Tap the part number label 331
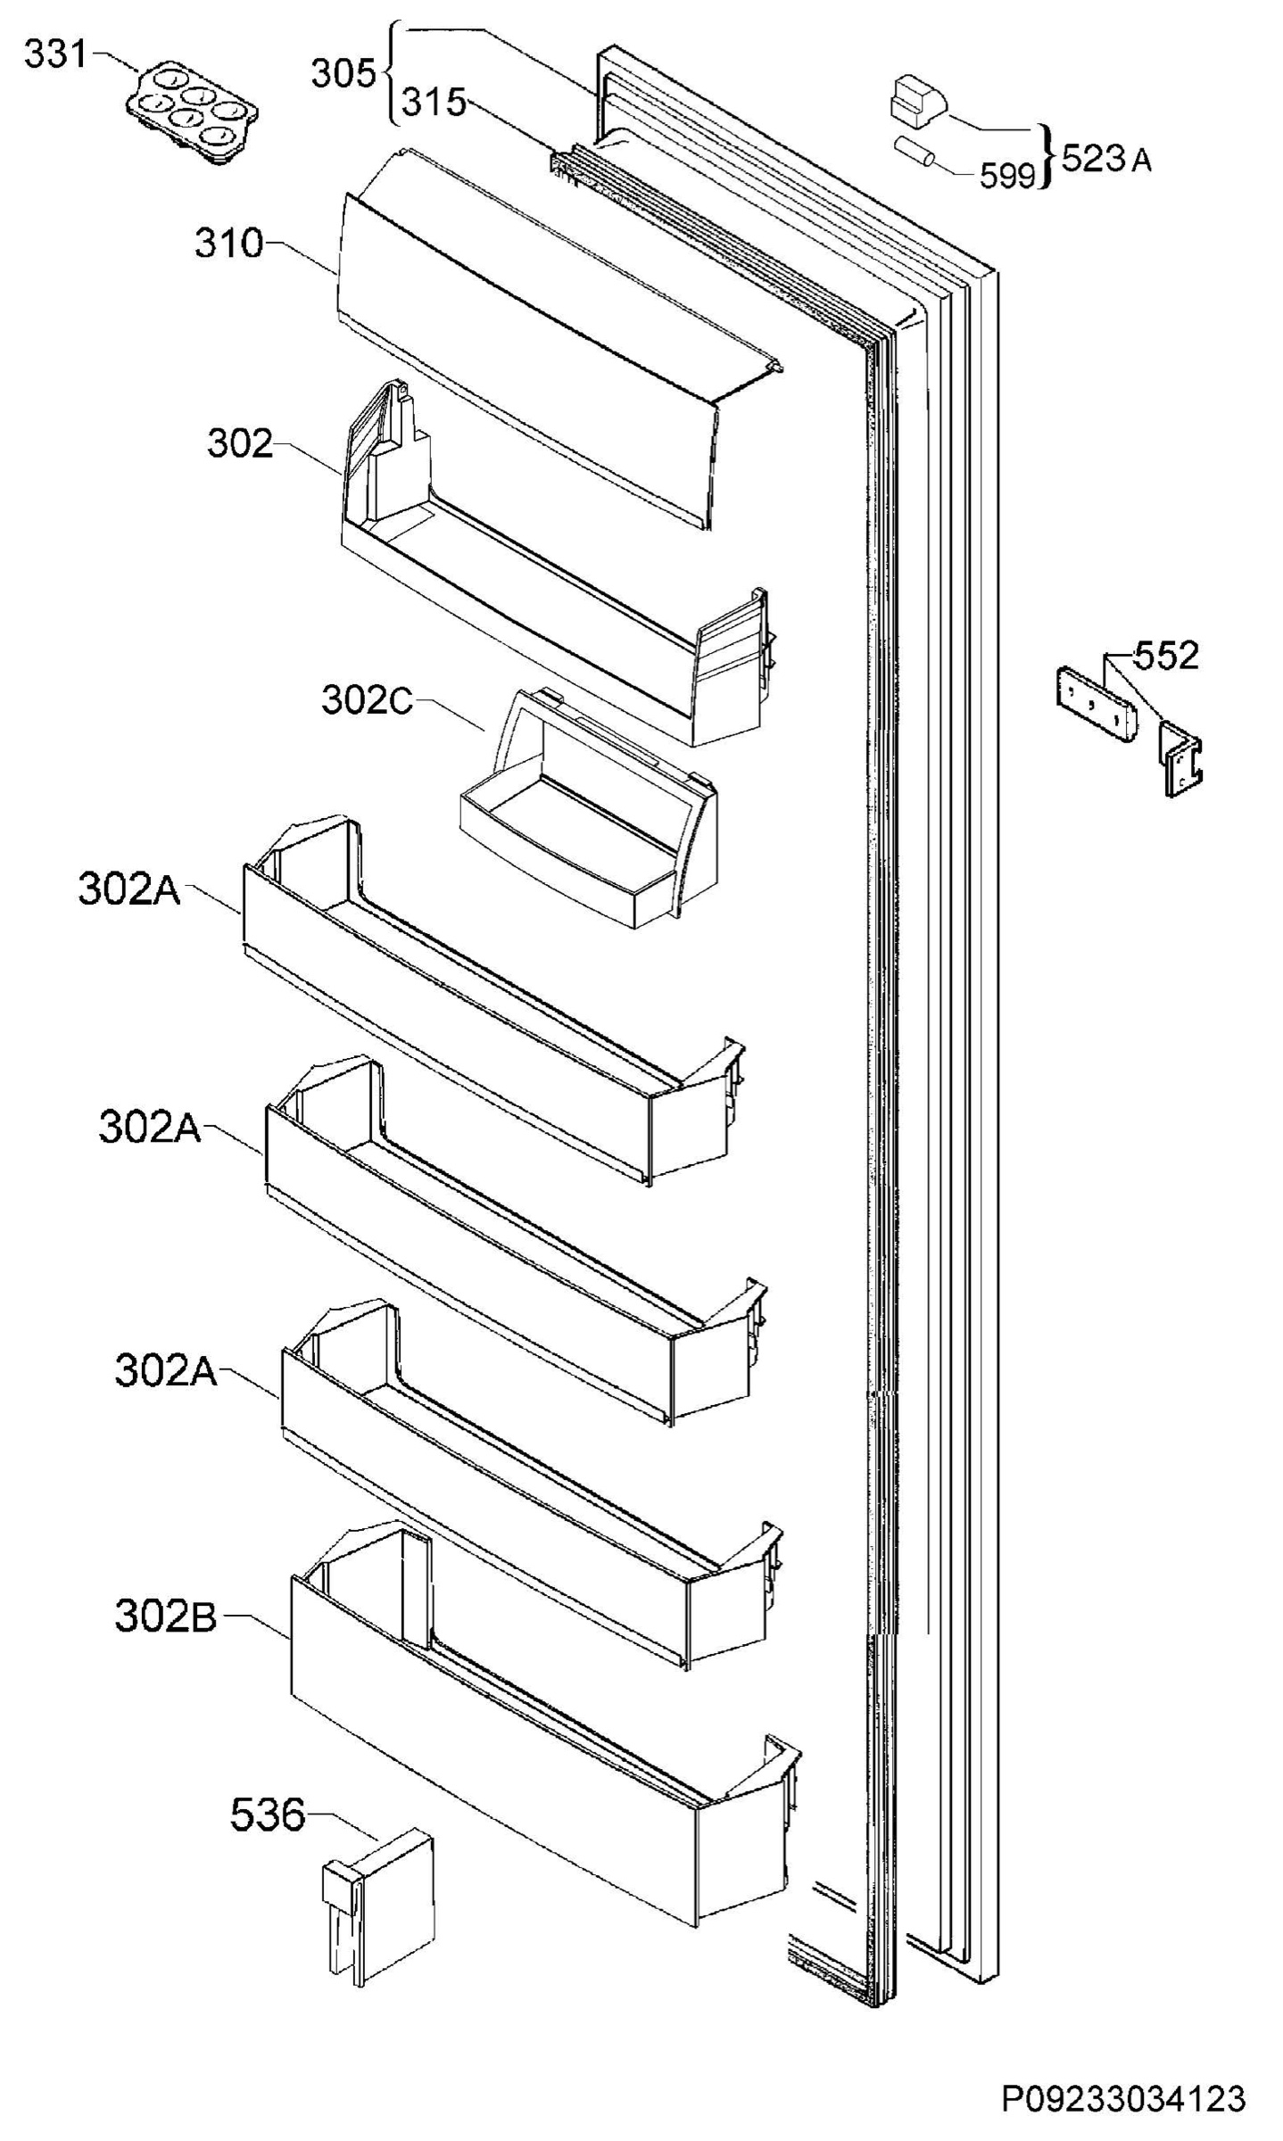(x=55, y=55)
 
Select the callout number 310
(x=230, y=244)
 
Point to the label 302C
(x=367, y=701)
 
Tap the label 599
(x=1006, y=177)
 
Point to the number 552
(x=1166, y=656)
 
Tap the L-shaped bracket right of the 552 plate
(x=1180, y=759)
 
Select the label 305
(x=344, y=74)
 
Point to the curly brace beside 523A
(x=1047, y=158)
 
